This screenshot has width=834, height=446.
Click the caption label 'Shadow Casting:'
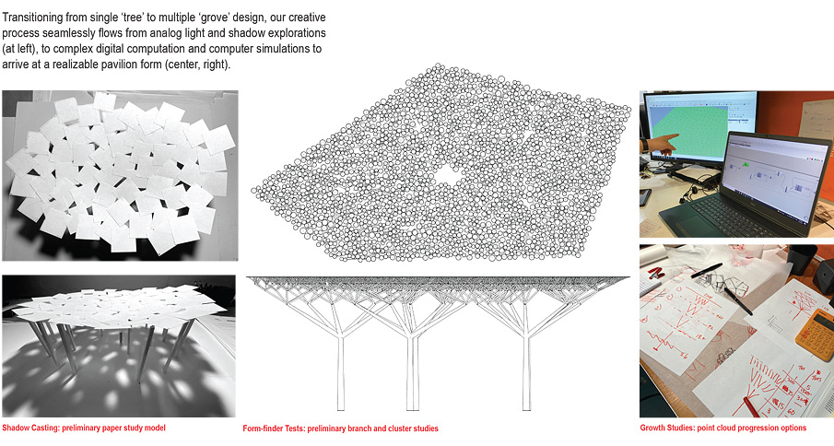tap(30, 428)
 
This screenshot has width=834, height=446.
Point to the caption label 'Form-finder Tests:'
tap(274, 428)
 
